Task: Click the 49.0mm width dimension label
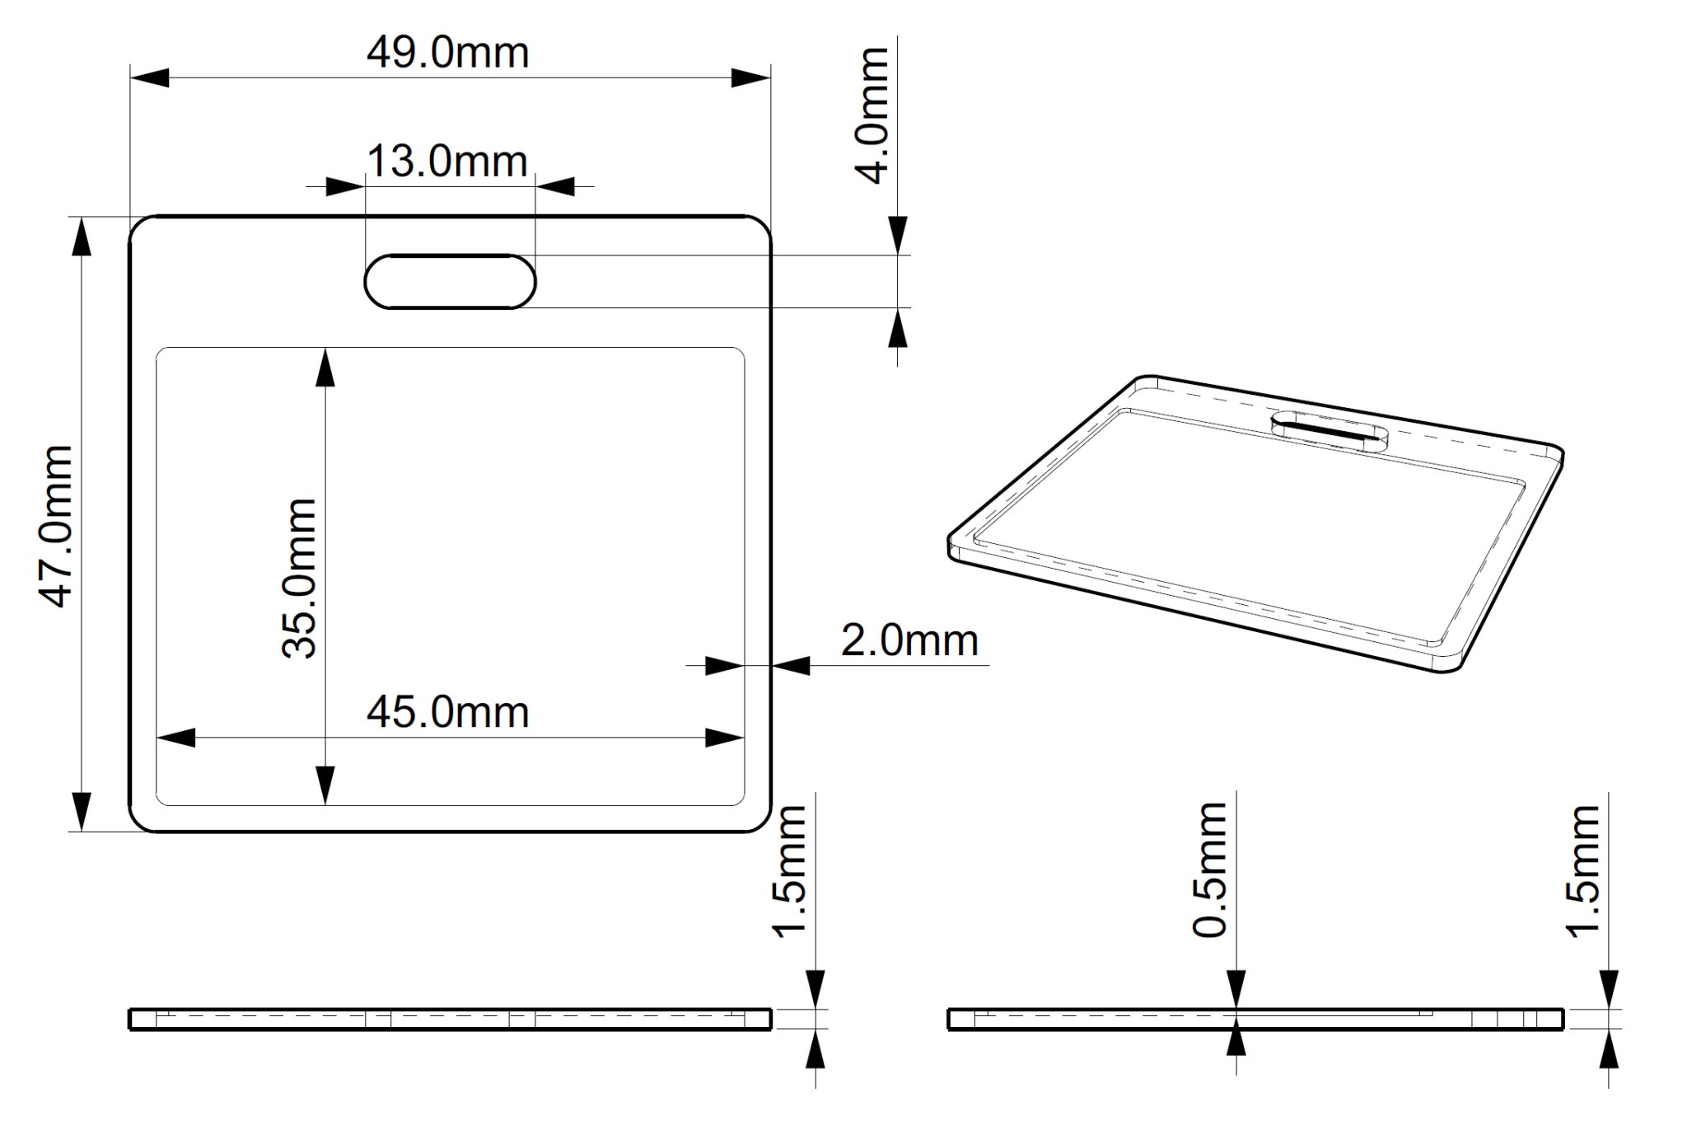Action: click(447, 54)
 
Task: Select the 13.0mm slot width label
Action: click(447, 161)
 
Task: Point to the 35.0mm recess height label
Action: click(298, 578)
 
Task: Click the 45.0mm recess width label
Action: click(447, 712)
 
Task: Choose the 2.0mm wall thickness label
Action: click(909, 640)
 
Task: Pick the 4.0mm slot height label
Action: click(874, 115)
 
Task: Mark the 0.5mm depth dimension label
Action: click(1211, 870)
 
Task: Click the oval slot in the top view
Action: click(451, 282)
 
